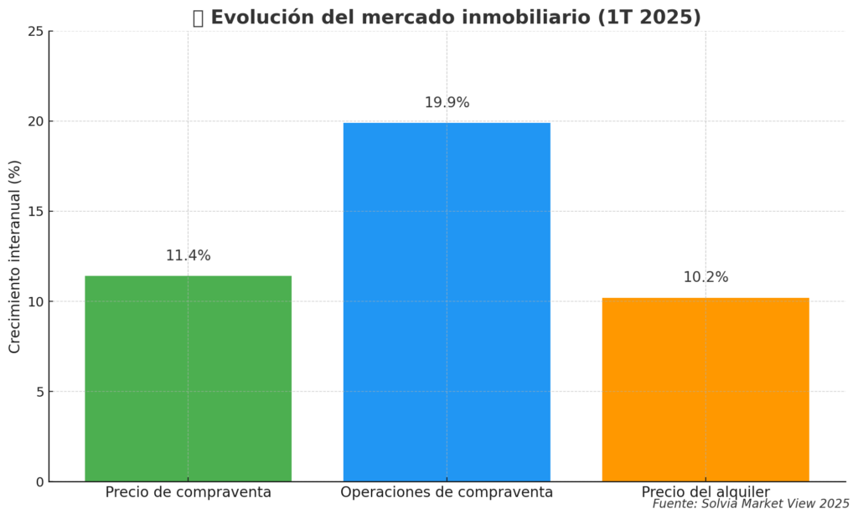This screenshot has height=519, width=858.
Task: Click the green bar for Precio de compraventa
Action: point(188,378)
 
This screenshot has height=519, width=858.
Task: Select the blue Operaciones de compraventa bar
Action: point(447,302)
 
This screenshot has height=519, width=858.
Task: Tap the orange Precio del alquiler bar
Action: point(706,389)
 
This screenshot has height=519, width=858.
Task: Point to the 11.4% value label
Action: point(188,256)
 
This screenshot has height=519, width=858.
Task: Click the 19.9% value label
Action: point(447,103)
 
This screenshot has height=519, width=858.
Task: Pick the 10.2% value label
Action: point(706,278)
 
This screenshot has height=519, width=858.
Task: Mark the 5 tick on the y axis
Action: point(39,392)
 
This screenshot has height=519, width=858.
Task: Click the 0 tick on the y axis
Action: point(39,482)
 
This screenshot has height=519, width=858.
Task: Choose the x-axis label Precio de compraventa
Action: point(188,493)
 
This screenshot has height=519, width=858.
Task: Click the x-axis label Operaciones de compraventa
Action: point(447,493)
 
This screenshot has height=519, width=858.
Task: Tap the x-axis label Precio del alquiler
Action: point(706,492)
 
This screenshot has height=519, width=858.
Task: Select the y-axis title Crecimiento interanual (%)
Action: point(15,257)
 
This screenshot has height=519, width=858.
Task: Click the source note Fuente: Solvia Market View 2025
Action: point(751,504)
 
